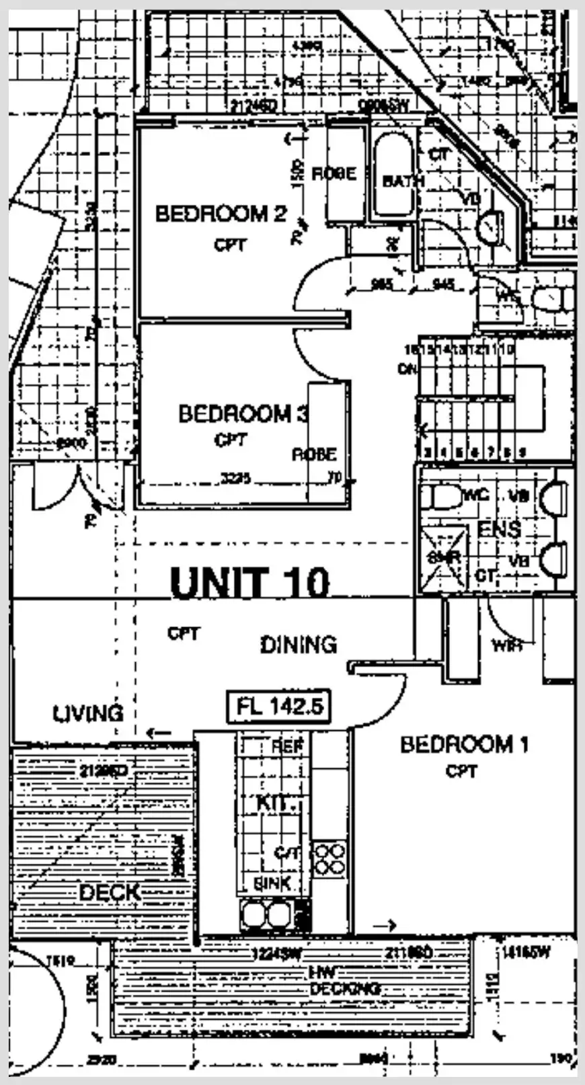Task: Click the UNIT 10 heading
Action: pos(250,582)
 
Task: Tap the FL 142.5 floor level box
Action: pos(279,707)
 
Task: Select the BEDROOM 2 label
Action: pos(221,214)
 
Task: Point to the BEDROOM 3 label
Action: pos(243,413)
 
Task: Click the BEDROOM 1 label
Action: pos(464,745)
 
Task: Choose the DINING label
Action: pos(299,645)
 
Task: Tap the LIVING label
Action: pos(88,713)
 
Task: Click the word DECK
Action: pos(110,893)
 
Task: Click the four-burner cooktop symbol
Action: pos(329,859)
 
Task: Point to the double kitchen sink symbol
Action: pos(268,914)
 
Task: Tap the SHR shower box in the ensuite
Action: pos(443,557)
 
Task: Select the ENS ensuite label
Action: pos(499,529)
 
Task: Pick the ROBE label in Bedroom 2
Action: pos(333,173)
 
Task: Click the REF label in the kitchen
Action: pos(288,746)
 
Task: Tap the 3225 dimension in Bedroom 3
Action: pos(236,478)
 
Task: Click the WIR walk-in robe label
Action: pos(507,646)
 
